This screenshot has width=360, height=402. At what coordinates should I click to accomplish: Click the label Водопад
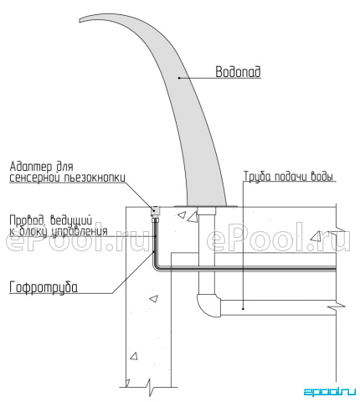point(238,72)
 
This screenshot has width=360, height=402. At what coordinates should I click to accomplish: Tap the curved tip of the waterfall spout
point(80,20)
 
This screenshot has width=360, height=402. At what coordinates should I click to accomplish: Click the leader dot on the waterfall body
point(178,78)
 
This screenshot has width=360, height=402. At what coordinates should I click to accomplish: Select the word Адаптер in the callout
point(31,167)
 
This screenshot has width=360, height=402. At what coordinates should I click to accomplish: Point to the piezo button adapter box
point(156,211)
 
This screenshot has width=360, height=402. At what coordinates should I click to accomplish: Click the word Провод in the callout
point(27,220)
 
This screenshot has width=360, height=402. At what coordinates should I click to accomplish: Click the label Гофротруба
point(44,287)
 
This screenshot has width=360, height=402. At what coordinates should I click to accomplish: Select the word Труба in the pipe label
point(257,177)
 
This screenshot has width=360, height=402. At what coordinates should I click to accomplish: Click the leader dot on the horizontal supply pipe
point(243,309)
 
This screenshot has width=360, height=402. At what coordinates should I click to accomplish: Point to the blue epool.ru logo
point(330,391)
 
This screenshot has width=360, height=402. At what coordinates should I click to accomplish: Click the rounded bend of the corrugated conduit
point(155,266)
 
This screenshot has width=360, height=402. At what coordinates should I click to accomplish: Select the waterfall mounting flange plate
point(206,207)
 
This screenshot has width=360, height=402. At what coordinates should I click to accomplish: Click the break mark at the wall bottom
point(150,387)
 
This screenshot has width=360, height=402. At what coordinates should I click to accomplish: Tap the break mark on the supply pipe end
point(337,307)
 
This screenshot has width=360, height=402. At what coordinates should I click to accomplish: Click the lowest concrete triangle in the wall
point(134,356)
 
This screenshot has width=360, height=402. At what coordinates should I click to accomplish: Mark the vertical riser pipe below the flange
point(207,251)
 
